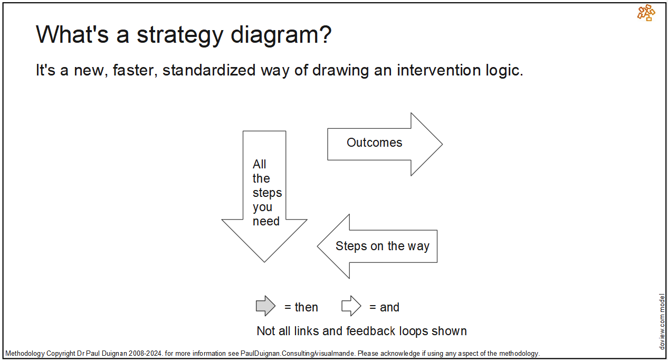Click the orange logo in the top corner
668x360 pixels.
coord(646,13)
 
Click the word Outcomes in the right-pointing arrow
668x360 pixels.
coord(374,143)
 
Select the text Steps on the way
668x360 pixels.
coord(382,246)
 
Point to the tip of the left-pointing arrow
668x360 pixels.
coord(319,246)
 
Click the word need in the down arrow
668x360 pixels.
coord(266,222)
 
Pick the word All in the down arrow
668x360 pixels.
coord(260,164)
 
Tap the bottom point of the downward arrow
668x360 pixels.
coord(264,260)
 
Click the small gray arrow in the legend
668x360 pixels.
coord(265,306)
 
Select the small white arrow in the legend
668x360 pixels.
coord(351,306)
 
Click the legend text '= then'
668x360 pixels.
coord(301,307)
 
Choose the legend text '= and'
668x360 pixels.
coord(384,307)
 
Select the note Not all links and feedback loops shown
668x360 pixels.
coord(361,331)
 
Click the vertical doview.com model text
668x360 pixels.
coord(662,321)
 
